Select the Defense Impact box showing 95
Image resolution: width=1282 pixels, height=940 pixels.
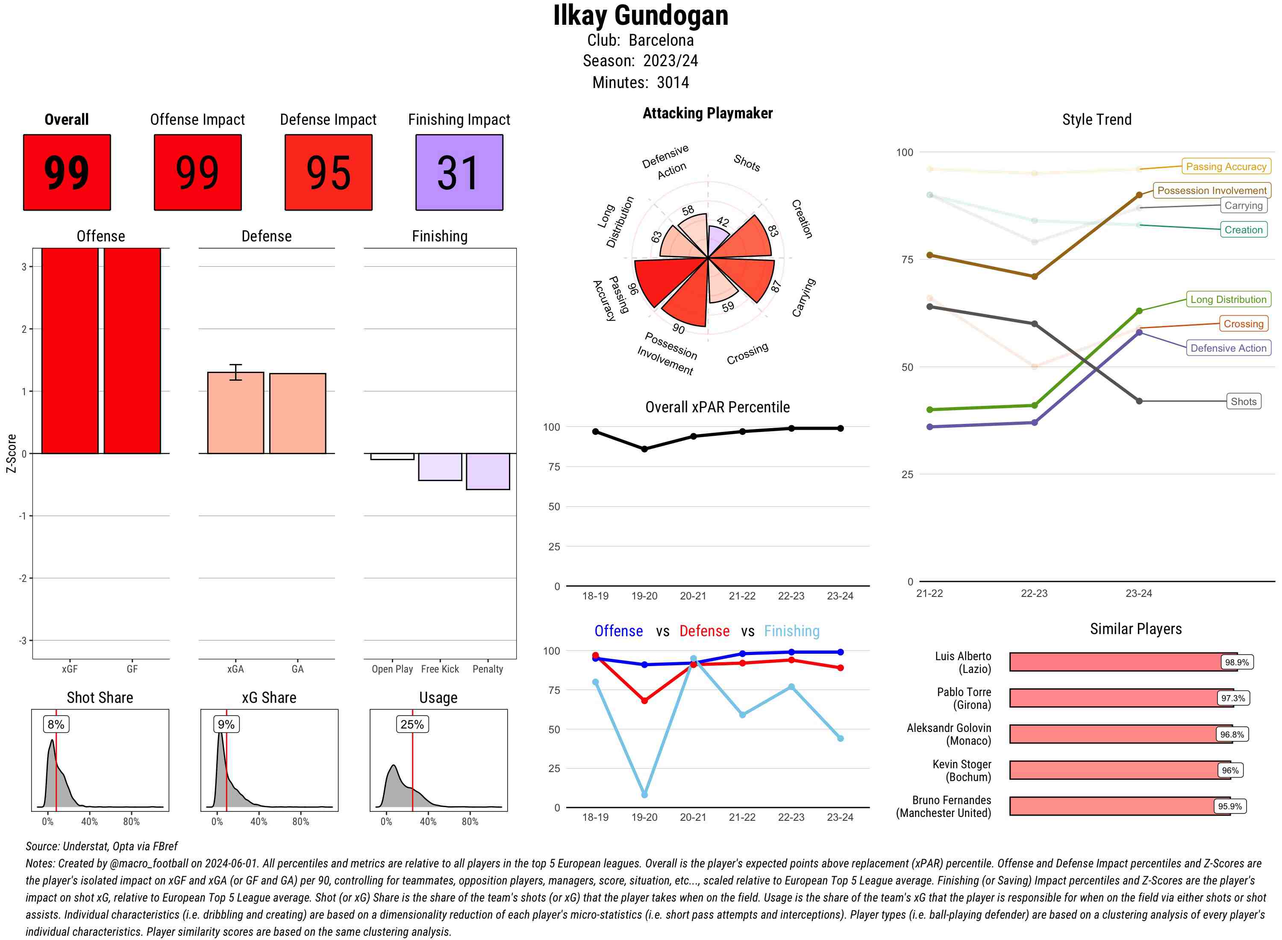click(x=328, y=173)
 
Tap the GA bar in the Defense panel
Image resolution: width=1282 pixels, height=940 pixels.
click(x=297, y=413)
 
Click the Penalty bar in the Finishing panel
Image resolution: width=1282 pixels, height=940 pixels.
click(x=488, y=471)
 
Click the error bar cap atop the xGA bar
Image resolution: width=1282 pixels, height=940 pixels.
click(x=235, y=365)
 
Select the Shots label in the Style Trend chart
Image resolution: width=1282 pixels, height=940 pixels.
click(x=1243, y=401)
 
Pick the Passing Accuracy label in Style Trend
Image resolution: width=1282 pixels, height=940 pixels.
click(x=1226, y=166)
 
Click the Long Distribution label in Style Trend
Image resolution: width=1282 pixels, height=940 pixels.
click(x=1228, y=299)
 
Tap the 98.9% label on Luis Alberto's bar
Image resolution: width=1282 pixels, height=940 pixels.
click(x=1236, y=662)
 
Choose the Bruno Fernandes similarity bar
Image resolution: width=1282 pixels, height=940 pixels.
click(x=1119, y=806)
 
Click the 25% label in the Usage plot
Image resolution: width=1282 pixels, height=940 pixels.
click(x=412, y=724)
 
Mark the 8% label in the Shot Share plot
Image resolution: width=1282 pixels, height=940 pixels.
click(x=56, y=724)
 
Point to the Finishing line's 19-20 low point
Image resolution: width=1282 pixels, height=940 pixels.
click(x=644, y=794)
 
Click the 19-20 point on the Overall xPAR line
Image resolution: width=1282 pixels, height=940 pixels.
click(x=644, y=449)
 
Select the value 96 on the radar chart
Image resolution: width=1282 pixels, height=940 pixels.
click(x=632, y=289)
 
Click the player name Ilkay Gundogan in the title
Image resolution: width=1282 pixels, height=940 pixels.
click(x=641, y=16)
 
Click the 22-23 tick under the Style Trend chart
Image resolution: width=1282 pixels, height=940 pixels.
click(x=1034, y=593)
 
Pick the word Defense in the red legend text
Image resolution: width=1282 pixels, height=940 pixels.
click(x=704, y=631)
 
